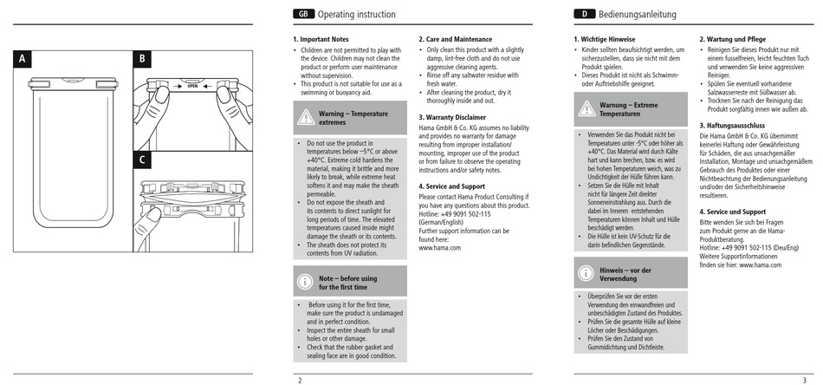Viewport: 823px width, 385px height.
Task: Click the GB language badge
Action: [x=303, y=14]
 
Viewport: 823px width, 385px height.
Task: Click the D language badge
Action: [x=584, y=14]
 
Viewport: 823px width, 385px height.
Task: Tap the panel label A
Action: [x=22, y=59]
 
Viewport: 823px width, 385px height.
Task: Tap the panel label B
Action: [x=142, y=59]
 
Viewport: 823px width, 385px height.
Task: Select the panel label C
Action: [x=142, y=160]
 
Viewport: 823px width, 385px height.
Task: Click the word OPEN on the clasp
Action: [x=192, y=86]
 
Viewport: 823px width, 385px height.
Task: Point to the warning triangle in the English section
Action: [x=306, y=117]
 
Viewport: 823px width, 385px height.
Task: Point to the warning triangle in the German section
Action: [x=586, y=108]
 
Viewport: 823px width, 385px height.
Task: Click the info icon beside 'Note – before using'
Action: [x=305, y=282]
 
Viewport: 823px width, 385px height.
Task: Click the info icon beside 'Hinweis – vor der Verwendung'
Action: [x=586, y=273]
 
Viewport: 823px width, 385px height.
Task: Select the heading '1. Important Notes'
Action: [x=321, y=39]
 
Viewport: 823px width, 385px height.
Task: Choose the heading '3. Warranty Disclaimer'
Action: [x=452, y=118]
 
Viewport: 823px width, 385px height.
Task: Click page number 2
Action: [x=301, y=381]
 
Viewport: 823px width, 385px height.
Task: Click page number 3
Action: [x=804, y=381]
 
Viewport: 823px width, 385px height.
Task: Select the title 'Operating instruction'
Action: [x=357, y=15]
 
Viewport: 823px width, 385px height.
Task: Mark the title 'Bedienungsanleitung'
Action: [x=638, y=15]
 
